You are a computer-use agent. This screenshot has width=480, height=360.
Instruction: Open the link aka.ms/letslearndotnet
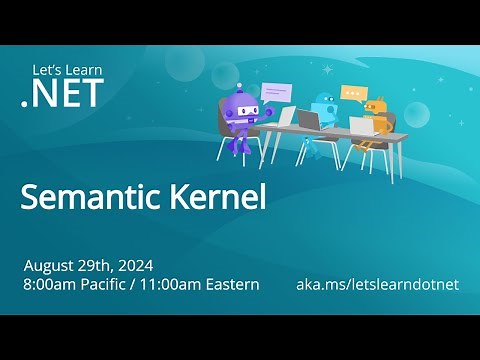click(x=377, y=285)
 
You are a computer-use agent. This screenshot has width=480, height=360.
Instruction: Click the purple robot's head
click(x=244, y=107)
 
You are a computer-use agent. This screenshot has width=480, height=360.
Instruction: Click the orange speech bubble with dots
click(x=353, y=93)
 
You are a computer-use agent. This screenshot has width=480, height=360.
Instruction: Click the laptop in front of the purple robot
click(x=287, y=118)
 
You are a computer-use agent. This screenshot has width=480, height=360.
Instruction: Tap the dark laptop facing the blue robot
click(x=309, y=121)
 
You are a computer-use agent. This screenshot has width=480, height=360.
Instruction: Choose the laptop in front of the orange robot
click(x=359, y=126)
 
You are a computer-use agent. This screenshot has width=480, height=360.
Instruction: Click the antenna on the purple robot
click(x=238, y=87)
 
